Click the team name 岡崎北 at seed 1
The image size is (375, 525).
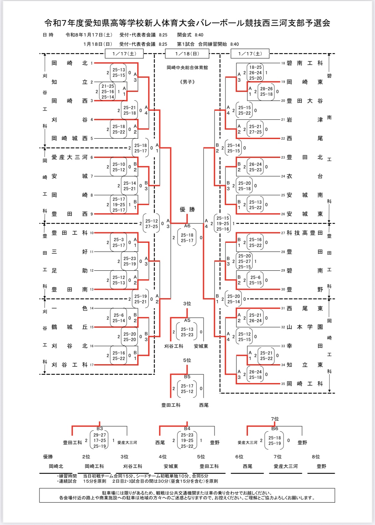click(x=69, y=63)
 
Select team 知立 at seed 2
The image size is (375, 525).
click(x=69, y=82)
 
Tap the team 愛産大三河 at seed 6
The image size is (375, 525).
click(x=69, y=157)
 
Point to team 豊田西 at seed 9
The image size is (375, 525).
click(x=69, y=214)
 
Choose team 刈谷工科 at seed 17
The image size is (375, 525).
click(x=69, y=365)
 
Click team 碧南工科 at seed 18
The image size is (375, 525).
click(x=304, y=63)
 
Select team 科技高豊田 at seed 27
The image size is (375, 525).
click(x=304, y=233)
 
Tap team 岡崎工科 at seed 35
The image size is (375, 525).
click(x=304, y=383)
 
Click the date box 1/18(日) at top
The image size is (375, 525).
click(x=187, y=53)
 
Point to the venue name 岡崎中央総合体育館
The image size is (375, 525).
click(x=187, y=68)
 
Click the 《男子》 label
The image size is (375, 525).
click(x=187, y=82)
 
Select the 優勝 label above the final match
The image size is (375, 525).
click(x=187, y=209)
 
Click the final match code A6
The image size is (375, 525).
click(x=187, y=226)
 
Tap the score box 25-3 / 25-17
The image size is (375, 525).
click(x=119, y=242)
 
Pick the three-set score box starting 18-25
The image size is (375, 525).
click(x=255, y=73)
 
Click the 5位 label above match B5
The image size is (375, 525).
click(x=187, y=360)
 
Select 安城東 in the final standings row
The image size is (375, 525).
click(x=171, y=466)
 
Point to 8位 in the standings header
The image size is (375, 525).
click(x=316, y=457)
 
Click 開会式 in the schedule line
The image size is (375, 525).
click(x=184, y=35)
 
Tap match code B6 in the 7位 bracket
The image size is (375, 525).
click(x=275, y=429)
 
